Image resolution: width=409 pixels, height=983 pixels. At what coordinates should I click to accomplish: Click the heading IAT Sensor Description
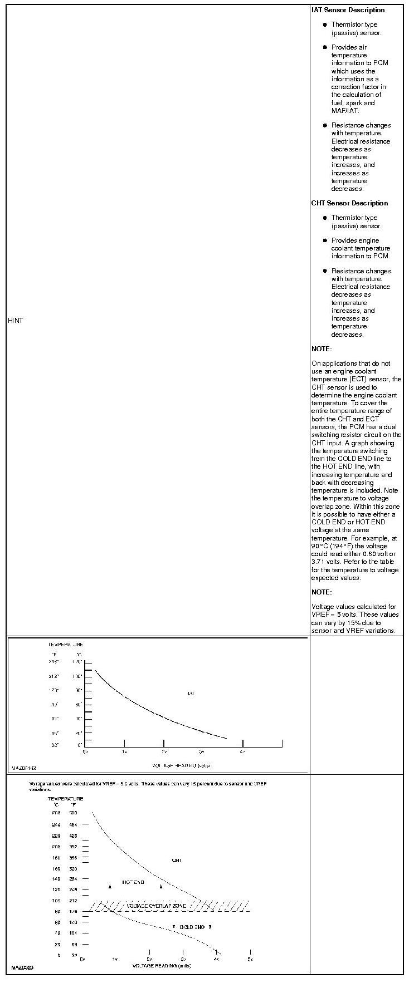coord(348,10)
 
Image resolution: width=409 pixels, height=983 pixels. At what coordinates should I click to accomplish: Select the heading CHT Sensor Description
coord(349,203)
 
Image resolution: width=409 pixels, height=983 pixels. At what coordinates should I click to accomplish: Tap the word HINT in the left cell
coord(16,321)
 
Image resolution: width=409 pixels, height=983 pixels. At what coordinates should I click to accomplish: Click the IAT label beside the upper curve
coord(191,694)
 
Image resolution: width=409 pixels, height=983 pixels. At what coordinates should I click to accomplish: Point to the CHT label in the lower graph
coord(177,861)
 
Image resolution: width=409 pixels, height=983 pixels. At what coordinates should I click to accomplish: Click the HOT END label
coord(133,882)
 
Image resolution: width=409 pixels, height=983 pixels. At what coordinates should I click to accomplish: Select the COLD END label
coord(192,927)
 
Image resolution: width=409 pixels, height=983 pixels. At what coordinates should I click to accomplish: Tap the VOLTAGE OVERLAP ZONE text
coord(156,906)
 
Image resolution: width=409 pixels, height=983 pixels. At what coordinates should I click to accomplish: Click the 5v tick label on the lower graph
coord(250,959)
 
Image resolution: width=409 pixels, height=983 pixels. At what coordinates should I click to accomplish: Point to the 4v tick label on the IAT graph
coord(242,751)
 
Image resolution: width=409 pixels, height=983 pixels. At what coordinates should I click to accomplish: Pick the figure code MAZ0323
coord(22,968)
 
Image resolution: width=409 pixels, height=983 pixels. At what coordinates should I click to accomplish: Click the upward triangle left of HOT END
coord(110,886)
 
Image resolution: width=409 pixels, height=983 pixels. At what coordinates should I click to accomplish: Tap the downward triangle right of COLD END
coord(210,927)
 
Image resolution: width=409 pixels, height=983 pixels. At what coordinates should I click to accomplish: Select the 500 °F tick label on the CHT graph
coord(73,813)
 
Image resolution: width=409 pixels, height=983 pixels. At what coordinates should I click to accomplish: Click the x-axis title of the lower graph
coord(162,966)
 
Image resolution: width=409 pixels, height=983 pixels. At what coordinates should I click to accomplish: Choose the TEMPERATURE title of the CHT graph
coord(65,799)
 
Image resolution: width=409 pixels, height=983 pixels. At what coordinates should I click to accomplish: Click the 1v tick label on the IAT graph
coord(124,751)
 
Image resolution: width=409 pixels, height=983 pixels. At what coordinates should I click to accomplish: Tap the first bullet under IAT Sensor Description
coord(325,25)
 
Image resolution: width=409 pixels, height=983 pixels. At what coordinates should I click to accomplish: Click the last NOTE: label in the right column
coord(322,592)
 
